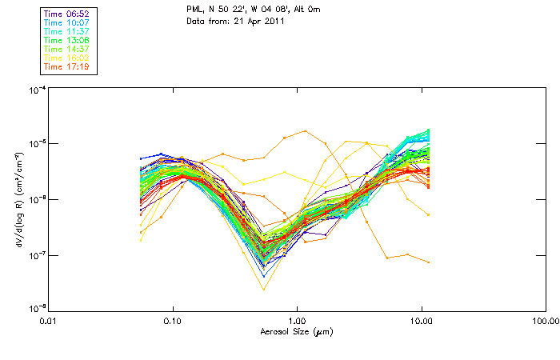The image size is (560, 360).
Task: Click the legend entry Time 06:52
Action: (66, 14)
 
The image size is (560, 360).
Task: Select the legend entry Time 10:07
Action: (66, 22)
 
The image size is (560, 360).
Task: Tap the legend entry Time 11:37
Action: (66, 30)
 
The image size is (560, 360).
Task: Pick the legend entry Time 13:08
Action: (66, 39)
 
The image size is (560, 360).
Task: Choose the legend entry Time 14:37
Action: (66, 48)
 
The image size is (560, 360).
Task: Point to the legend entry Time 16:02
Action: (66, 57)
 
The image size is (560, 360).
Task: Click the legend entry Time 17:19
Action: (66, 66)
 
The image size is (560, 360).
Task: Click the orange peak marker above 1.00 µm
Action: (305, 131)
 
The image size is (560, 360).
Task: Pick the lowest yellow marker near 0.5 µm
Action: (264, 289)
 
